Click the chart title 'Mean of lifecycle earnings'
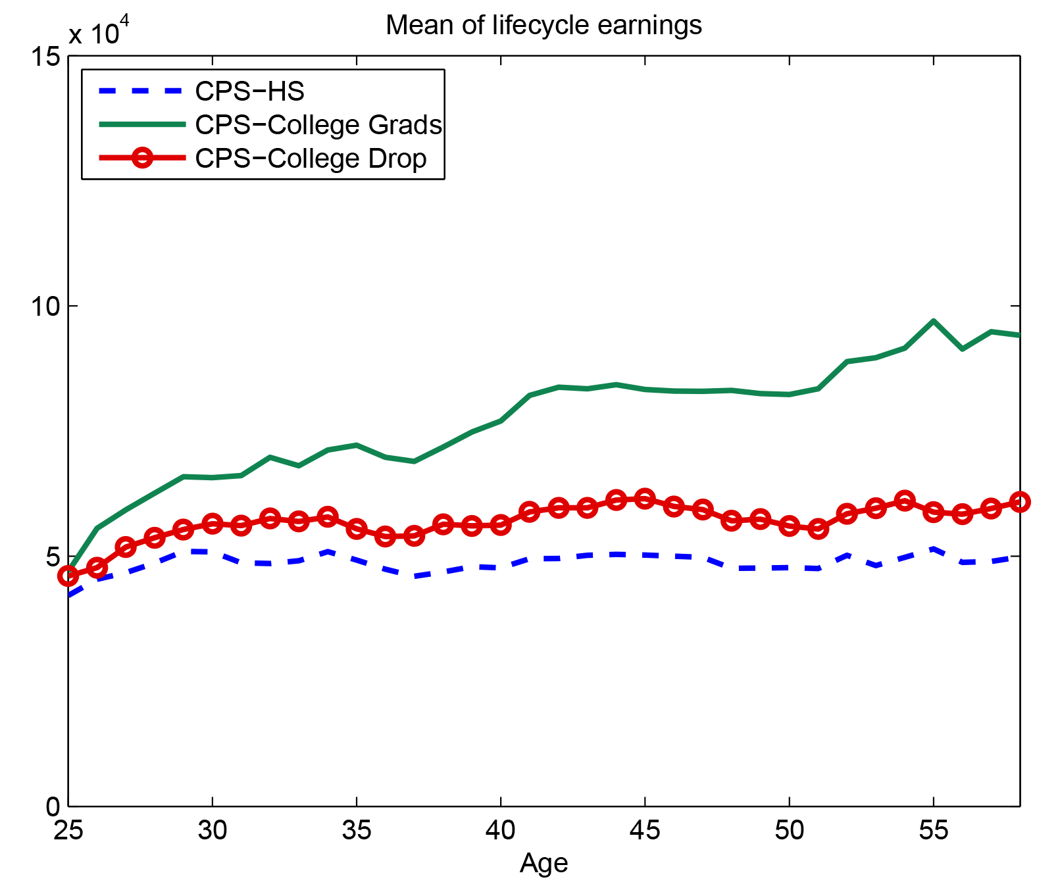click(543, 26)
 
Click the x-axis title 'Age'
click(543, 862)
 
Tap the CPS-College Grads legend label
click(318, 125)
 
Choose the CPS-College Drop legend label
click(311, 159)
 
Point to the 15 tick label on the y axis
click(44, 57)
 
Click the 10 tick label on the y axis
click(44, 307)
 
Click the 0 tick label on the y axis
click(53, 806)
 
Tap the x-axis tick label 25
click(68, 830)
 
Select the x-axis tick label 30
click(213, 830)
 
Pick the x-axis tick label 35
click(357, 830)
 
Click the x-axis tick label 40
click(501, 830)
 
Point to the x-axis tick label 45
click(645, 830)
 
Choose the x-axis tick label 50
click(789, 830)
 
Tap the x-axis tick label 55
click(933, 830)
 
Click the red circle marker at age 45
click(645, 499)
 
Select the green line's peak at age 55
click(933, 321)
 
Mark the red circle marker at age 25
click(68, 576)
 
